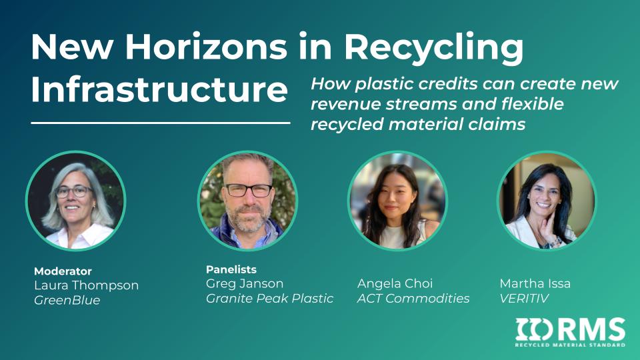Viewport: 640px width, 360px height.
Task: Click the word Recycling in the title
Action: tap(433, 49)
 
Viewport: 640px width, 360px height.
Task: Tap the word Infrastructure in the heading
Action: tap(159, 89)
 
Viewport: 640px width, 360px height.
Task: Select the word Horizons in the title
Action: tap(206, 46)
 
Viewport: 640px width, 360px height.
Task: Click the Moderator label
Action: tap(63, 271)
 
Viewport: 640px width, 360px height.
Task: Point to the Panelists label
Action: tap(231, 269)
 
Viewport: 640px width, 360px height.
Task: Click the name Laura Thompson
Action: tap(87, 285)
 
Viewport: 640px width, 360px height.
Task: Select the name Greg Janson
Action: tap(245, 283)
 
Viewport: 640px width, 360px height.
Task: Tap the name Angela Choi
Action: tap(395, 283)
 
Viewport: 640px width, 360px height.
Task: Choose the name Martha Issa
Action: tap(535, 283)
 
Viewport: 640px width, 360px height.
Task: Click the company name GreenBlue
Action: tap(67, 300)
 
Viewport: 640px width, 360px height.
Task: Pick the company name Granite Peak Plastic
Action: tap(269, 299)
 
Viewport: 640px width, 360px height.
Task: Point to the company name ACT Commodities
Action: tap(413, 299)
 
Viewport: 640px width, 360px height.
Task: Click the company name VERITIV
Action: tap(524, 299)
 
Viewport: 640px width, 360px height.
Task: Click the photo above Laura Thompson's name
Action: tap(76, 201)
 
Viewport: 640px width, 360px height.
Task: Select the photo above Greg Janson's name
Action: tap(248, 201)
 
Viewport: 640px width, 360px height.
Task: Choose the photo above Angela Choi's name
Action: tap(397, 201)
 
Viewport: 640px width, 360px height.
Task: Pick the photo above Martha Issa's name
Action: tap(547, 201)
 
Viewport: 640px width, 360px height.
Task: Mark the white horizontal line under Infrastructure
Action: tap(161, 123)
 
